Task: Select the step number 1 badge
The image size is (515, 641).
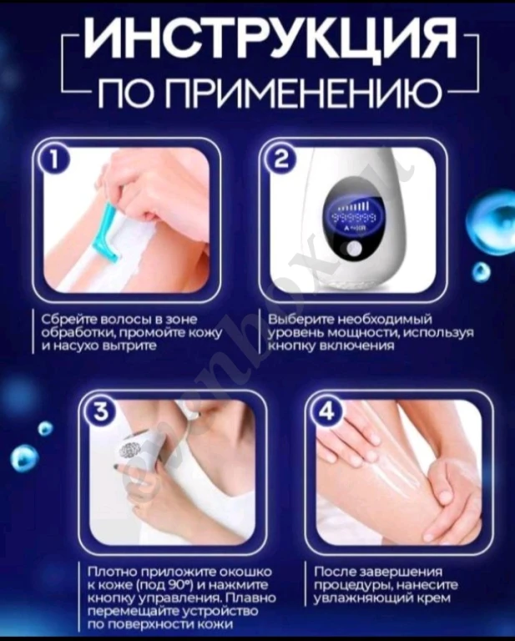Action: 56,161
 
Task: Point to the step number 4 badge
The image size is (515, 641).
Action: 326,411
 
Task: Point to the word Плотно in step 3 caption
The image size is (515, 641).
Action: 111,573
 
